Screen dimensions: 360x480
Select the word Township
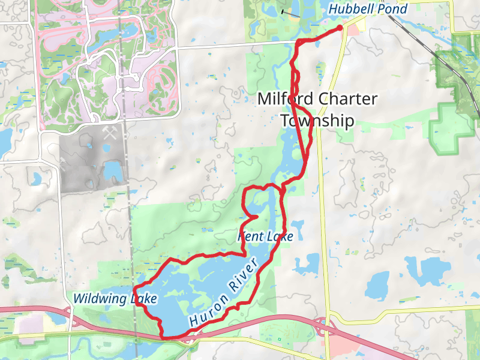click(317, 121)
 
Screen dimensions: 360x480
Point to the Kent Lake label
click(266, 237)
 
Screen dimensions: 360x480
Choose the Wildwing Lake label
click(115, 298)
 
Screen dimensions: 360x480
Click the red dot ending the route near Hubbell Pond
click(340, 28)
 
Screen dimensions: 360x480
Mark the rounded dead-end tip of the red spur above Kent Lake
click(256, 217)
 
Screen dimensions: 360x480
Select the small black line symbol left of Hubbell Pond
click(290, 12)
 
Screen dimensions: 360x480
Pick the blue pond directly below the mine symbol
click(112, 171)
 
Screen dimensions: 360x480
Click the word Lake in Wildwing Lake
click(144, 298)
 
